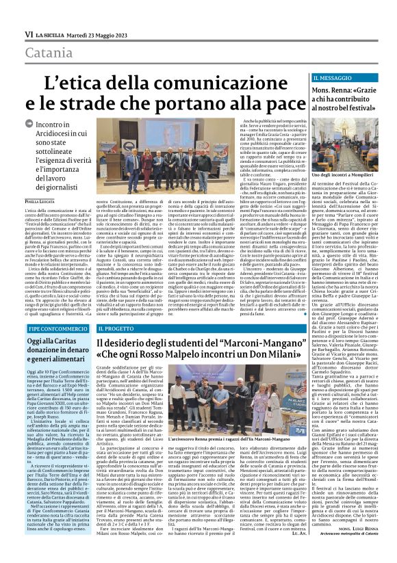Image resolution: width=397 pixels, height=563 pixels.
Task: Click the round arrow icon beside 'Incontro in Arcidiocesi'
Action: (28, 125)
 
